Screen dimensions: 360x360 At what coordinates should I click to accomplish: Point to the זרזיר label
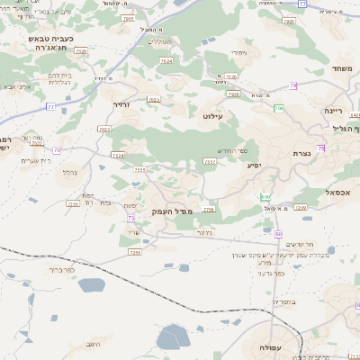coord(122,105)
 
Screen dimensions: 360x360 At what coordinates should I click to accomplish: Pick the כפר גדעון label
coord(270,273)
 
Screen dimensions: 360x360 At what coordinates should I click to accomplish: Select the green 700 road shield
coord(279,109)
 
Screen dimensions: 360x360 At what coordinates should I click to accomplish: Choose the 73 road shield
coord(130,218)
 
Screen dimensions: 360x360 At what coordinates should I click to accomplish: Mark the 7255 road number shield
coord(135,253)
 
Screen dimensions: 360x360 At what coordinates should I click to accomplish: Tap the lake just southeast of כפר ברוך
coord(91,285)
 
